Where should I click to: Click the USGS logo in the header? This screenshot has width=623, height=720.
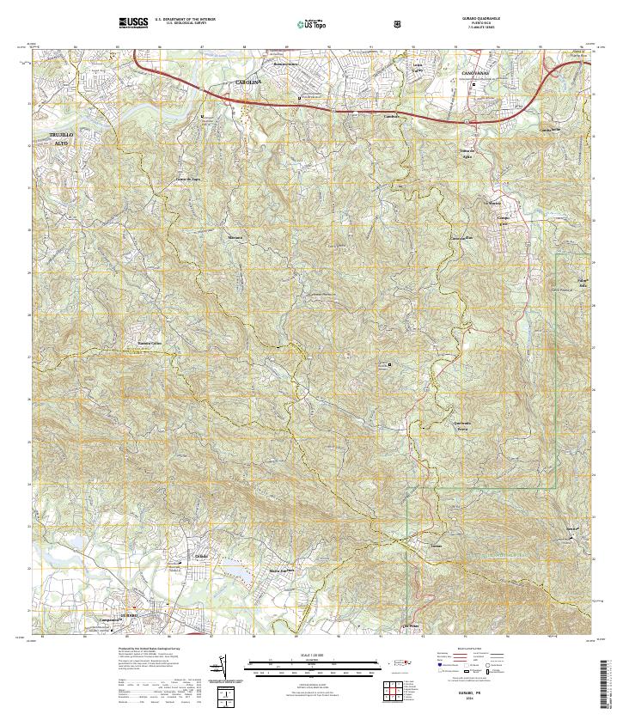pyautogui.click(x=133, y=22)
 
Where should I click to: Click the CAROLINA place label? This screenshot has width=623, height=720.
pyautogui.click(x=247, y=82)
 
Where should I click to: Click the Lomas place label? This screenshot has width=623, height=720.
pyautogui.click(x=436, y=545)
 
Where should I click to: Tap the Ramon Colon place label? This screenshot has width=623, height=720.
pyautogui.click(x=150, y=345)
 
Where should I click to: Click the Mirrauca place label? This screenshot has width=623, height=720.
pyautogui.click(x=235, y=236)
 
